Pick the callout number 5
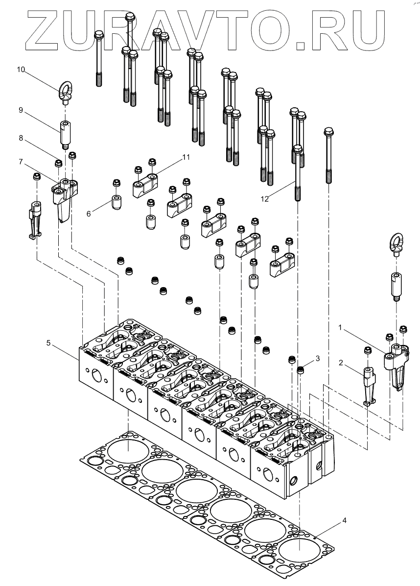tap(48, 343)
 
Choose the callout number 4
tap(345, 520)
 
